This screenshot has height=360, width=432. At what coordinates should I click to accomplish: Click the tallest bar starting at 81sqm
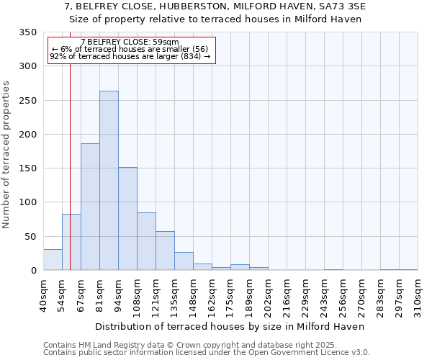(109, 181)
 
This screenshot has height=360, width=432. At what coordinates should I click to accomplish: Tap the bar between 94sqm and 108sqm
(127, 219)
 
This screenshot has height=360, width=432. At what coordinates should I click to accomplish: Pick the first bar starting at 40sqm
(53, 260)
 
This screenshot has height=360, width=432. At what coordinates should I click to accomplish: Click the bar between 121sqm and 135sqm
(165, 251)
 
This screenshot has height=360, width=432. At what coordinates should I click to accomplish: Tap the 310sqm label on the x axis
(418, 296)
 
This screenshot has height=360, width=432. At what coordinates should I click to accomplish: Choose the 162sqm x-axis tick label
(212, 296)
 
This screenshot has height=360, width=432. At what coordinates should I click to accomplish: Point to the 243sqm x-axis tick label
(324, 296)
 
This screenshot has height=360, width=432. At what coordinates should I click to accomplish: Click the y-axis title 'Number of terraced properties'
(7, 154)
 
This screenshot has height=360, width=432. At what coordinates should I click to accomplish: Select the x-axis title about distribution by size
(230, 326)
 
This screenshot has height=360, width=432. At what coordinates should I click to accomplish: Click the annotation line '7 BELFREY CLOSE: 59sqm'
(130, 42)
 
